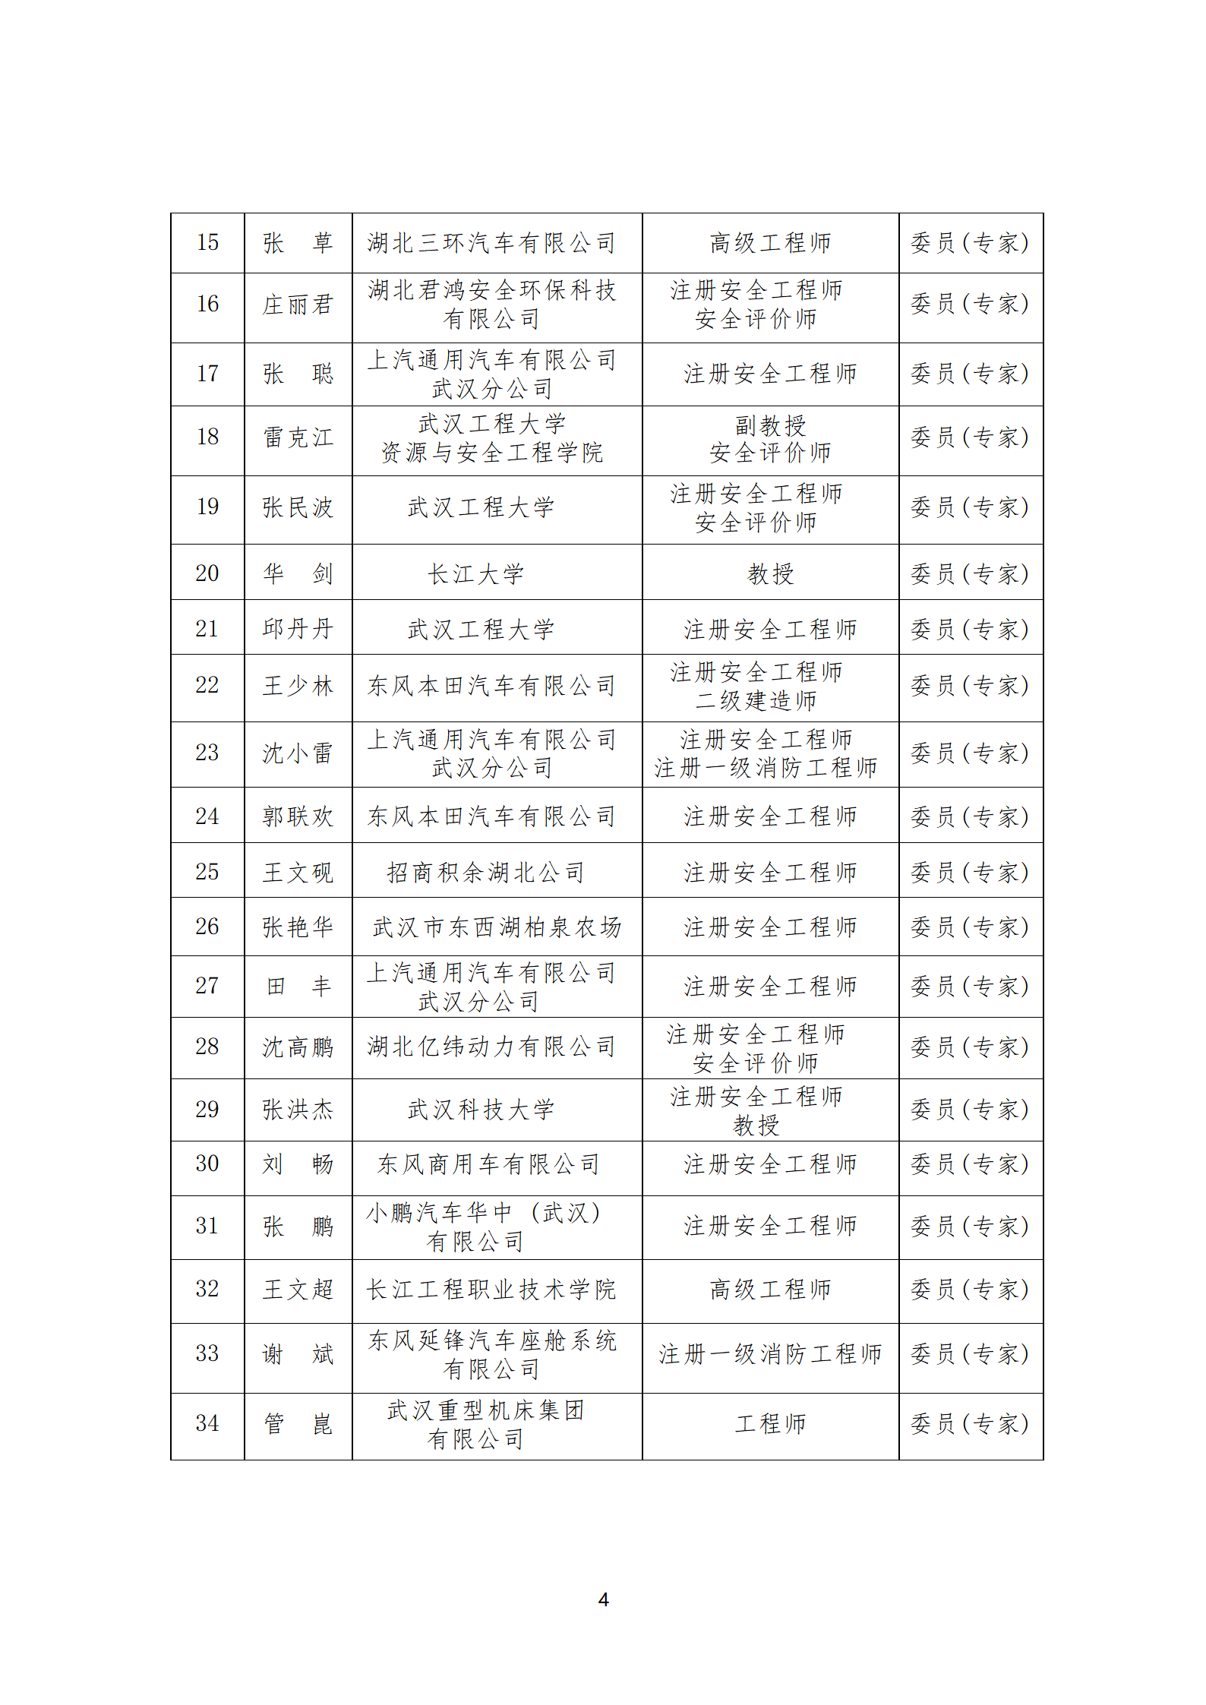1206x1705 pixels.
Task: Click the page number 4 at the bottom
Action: coord(603,1599)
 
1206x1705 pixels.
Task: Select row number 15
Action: coord(207,242)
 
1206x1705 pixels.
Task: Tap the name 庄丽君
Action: coord(298,305)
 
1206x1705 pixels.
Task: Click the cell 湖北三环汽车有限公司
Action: coord(491,243)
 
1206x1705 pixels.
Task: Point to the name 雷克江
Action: coord(298,437)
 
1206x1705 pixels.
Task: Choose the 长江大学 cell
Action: coord(476,573)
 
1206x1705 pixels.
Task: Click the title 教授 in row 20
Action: coord(770,573)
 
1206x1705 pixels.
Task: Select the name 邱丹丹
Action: coord(298,629)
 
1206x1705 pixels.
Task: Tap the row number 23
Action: coord(207,753)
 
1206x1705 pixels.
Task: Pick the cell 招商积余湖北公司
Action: coord(486,872)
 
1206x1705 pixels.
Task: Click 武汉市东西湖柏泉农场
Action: coord(497,927)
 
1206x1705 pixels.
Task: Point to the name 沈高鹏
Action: coord(298,1047)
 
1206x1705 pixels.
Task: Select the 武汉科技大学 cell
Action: coord(481,1110)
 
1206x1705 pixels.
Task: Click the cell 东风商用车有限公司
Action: coord(488,1164)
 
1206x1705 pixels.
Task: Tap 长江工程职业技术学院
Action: coord(491,1289)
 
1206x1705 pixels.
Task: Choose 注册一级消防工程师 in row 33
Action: coord(770,1353)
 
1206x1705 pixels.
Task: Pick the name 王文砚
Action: coord(298,872)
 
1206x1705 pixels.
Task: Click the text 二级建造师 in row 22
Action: coord(756,700)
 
